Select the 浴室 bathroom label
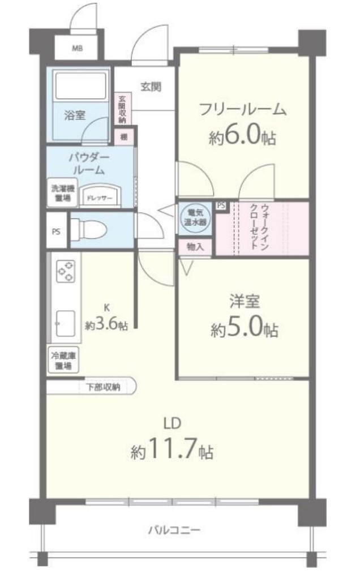75,115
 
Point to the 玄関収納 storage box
122,109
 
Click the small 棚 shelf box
123,137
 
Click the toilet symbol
94,230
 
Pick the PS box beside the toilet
56,231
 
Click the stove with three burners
66,271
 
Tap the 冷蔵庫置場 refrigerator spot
63,361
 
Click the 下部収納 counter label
102,388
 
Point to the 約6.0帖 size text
242,136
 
